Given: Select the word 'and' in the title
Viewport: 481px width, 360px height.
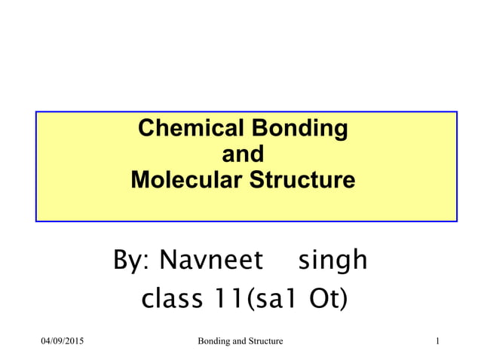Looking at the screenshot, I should [x=243, y=154].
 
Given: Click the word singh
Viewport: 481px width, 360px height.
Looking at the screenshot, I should [x=332, y=261].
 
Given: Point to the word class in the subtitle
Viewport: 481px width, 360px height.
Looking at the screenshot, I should [x=170, y=299].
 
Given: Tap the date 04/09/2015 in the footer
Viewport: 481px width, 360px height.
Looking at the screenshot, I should [x=62, y=342].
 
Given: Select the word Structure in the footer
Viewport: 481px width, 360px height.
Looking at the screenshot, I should [x=265, y=342].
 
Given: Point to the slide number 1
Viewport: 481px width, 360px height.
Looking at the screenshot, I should [x=437, y=342].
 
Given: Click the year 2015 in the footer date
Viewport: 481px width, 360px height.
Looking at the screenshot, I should [x=74, y=342].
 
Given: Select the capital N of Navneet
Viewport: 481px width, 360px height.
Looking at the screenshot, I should [x=171, y=261].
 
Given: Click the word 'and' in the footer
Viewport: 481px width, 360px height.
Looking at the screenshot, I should [x=237, y=342].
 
